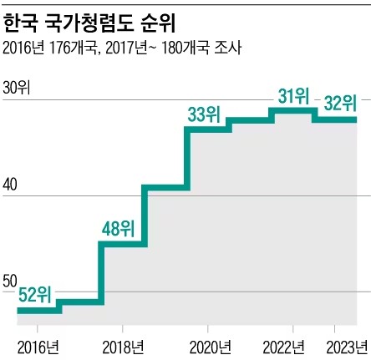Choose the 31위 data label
pyautogui.click(x=294, y=96)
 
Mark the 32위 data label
pyautogui.click(x=339, y=103)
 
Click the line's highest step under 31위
pyautogui.click(x=292, y=110)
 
